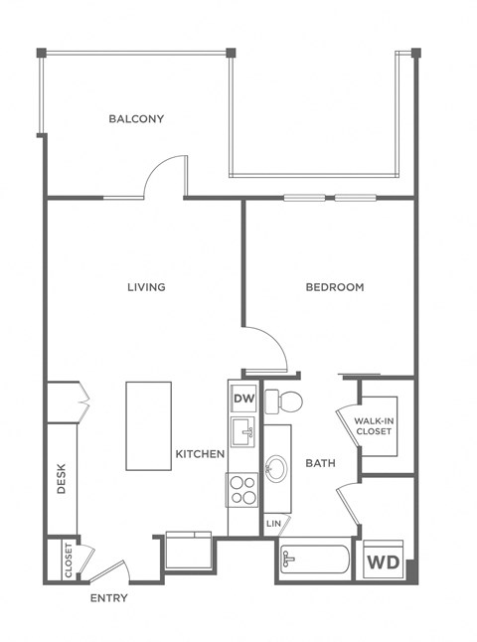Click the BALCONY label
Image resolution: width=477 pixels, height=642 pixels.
coord(136,119)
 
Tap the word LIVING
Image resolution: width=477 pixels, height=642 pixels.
coord(146,287)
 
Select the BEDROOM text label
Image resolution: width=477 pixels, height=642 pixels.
coord(334,287)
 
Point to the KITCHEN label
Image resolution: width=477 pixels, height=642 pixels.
coord(200,454)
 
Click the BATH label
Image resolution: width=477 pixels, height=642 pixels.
coord(320,463)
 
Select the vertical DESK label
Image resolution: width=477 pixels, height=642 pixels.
coord(62,483)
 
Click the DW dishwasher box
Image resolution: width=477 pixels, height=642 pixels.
coord(243,400)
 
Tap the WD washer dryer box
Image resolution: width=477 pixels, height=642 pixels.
coord(383,562)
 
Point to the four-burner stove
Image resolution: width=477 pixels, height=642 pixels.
coord(243,490)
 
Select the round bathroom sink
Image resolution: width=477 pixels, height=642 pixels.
coord(278,468)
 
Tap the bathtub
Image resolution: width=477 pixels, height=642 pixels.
coord(312,562)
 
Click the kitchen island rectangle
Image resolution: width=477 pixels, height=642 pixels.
coord(149,426)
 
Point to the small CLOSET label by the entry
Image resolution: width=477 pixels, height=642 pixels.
coord(69,559)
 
